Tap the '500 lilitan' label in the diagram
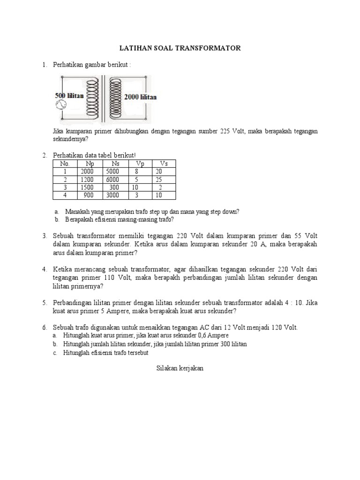(x=69, y=96)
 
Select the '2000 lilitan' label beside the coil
(x=141, y=97)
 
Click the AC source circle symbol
(x=60, y=106)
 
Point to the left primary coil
(x=93, y=97)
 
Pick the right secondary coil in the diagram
(x=115, y=97)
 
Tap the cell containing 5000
(x=113, y=172)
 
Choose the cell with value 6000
(x=113, y=180)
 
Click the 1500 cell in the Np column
(x=88, y=187)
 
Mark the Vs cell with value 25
(x=159, y=180)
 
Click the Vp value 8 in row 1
(x=136, y=172)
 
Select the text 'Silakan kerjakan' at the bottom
(x=180, y=368)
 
